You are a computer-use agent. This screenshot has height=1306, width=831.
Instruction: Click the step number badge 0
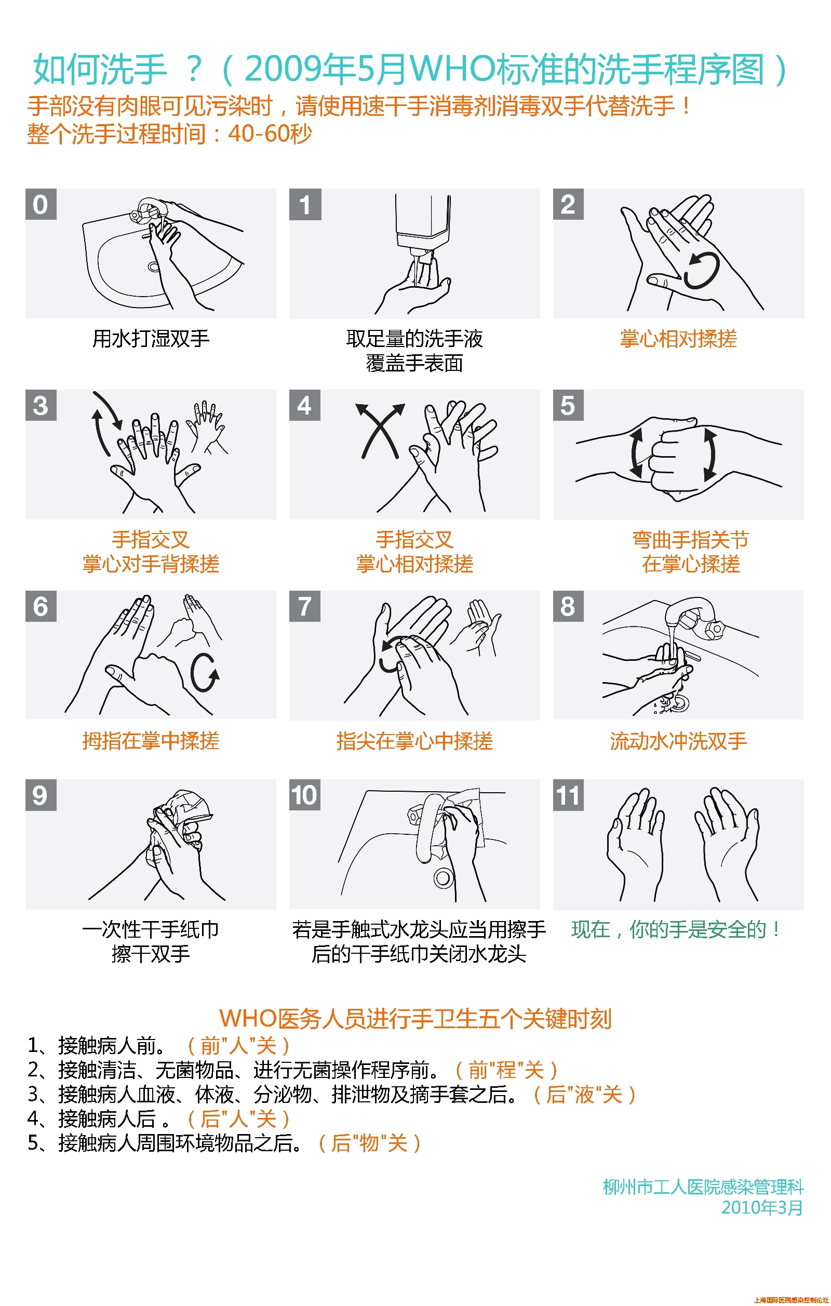[41, 205]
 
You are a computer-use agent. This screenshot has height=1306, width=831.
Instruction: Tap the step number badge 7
[305, 606]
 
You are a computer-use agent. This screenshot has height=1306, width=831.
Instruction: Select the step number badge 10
[305, 795]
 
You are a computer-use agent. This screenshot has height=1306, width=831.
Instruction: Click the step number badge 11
[568, 795]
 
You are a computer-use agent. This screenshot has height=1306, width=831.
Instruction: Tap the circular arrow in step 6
[205, 673]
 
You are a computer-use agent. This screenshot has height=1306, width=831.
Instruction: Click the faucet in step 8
[691, 616]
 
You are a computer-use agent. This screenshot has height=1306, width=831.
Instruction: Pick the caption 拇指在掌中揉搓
[151, 741]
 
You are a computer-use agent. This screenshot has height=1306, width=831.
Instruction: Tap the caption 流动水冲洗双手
[678, 741]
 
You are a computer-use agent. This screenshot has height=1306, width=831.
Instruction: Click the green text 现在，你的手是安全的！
[677, 929]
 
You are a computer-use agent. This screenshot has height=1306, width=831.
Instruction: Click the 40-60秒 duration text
[270, 134]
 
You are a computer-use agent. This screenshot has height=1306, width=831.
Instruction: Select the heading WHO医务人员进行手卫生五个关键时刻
[415, 1019]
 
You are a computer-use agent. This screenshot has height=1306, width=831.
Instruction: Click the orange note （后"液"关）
[584, 1095]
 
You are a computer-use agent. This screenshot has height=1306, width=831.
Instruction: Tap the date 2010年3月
[761, 1207]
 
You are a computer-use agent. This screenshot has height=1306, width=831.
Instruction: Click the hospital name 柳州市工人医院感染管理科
[703, 1187]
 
